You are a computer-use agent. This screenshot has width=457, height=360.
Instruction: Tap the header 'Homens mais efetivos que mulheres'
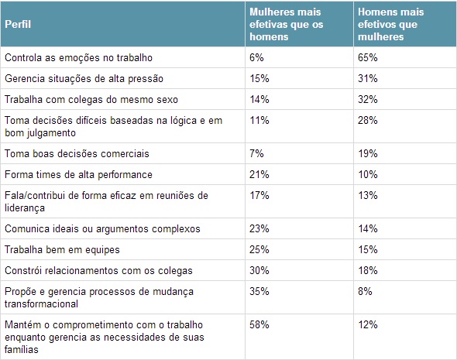click(388, 23)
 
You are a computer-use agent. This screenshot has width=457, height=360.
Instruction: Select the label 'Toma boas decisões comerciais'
click(66, 153)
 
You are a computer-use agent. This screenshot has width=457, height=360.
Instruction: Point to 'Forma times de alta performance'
click(68, 174)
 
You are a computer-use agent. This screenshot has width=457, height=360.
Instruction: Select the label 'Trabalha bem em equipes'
click(52, 249)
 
